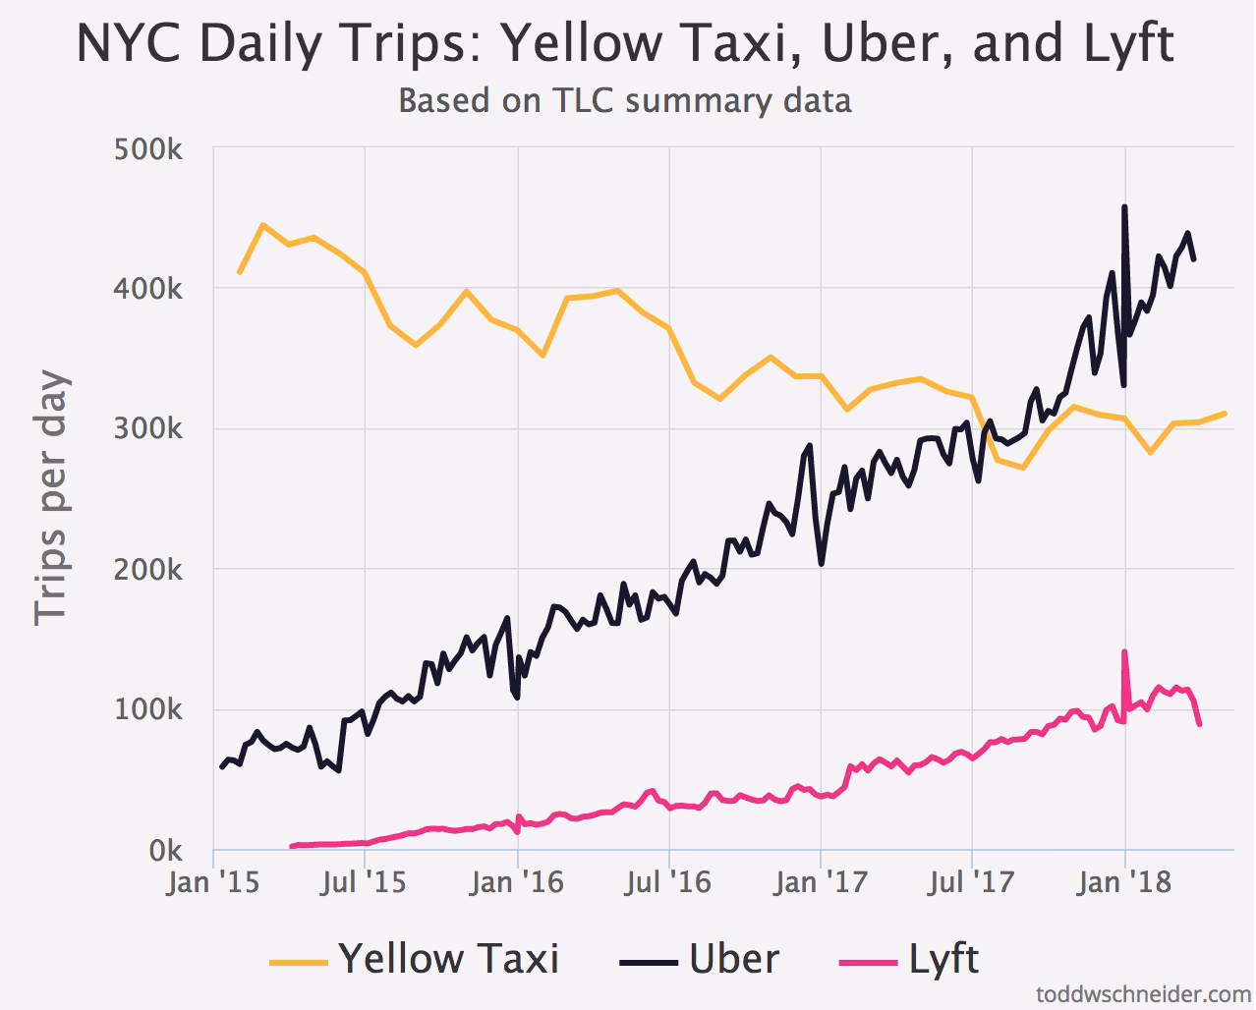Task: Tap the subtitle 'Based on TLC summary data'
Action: coord(625,100)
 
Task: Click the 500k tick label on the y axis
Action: coord(148,150)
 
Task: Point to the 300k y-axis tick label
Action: coord(148,430)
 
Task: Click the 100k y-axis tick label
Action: coord(148,710)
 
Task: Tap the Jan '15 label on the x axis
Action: coord(213,882)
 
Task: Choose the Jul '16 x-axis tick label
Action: coord(668,882)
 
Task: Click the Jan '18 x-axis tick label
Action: coord(1124,882)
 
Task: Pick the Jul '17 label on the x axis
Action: coord(972,882)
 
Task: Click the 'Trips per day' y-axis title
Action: coord(51,498)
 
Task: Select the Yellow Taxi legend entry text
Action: coord(449,958)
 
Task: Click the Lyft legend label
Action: coord(943,958)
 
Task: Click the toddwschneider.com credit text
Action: coord(1144,993)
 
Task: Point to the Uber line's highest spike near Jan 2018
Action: coord(1124,206)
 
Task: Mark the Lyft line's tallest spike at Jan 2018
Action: coord(1124,651)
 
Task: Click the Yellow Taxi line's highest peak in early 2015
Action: coord(262,225)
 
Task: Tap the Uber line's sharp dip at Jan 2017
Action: coord(822,564)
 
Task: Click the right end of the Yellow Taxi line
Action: coord(1226,413)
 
